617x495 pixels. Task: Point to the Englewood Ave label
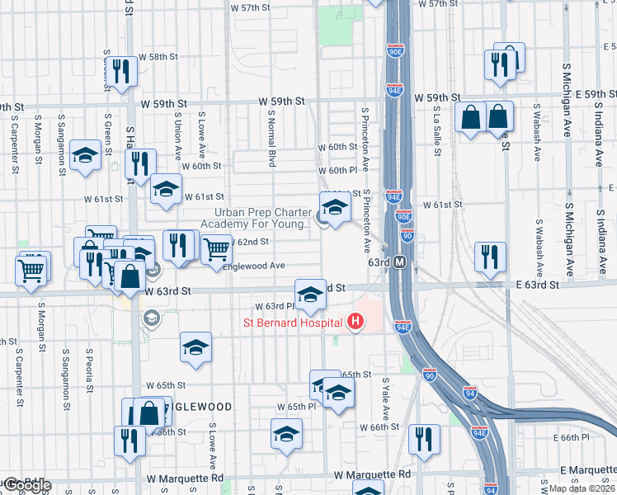[254, 266]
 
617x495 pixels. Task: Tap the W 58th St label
[158, 57]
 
